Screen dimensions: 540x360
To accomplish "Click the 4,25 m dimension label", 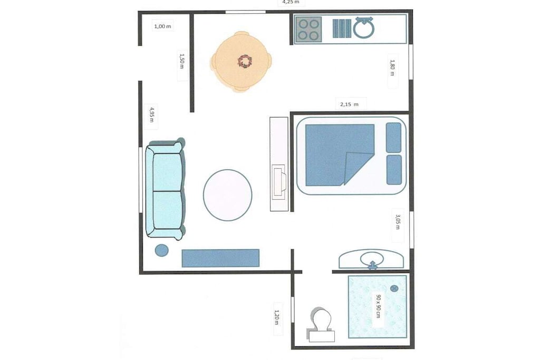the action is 291,2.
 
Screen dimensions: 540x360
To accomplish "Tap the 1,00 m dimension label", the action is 162,26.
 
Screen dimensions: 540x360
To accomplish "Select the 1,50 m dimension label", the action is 182,61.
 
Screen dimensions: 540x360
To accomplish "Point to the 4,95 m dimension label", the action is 151,115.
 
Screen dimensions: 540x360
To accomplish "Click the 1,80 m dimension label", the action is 392,68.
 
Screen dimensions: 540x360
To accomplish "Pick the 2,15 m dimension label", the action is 349,104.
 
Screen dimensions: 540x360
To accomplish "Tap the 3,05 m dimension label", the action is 398,222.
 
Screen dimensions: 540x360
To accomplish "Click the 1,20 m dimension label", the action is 276,318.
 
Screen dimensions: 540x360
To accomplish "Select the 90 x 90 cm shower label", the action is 378,306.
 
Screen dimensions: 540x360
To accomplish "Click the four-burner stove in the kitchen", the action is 308,30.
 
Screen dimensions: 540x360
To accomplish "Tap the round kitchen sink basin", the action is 364,28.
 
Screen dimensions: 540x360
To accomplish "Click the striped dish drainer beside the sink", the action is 342,28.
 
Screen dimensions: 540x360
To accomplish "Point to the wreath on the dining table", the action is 245,62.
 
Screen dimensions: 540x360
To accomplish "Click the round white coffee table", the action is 227,195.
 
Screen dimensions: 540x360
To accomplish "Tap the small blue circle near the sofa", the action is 161,250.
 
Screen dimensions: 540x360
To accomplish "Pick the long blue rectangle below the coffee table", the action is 220,258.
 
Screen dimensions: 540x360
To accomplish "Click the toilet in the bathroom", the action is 321,325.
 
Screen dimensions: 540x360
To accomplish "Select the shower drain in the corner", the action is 394,288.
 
